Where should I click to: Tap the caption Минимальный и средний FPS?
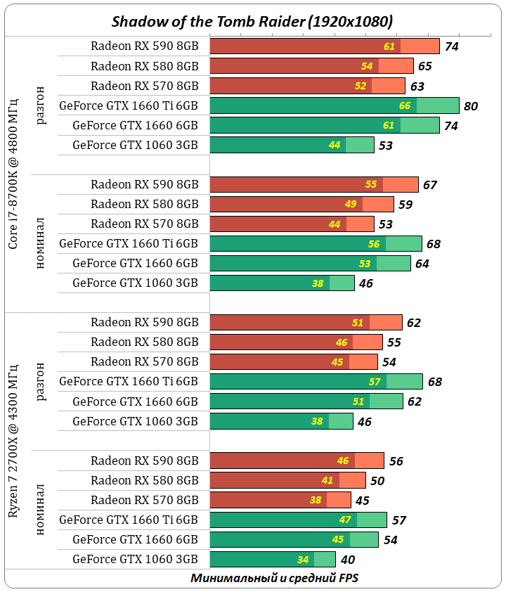[275, 578]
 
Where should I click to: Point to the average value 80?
[471, 106]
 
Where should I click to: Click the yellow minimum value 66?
[405, 106]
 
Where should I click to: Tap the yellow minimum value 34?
[303, 560]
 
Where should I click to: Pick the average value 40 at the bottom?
[347, 560]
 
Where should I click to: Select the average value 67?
[430, 185]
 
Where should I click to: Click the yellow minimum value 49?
[351, 205]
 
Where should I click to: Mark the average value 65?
[424, 67]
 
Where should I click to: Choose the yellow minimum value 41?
[328, 481]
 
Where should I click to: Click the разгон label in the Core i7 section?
[41, 105]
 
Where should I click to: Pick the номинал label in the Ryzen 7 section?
[41, 509]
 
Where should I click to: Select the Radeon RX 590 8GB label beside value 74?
[145, 46]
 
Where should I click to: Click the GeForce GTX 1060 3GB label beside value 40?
[135, 560]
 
